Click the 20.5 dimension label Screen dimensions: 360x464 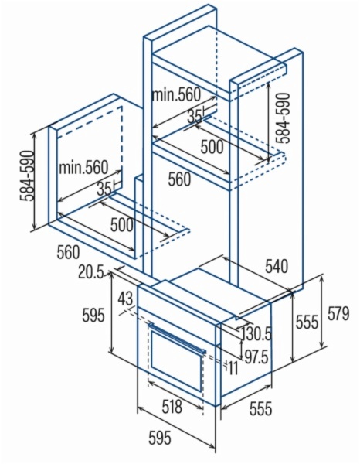pos(90,272)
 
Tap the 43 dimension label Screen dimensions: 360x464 pos(125,299)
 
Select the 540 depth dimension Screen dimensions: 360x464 pos(277,266)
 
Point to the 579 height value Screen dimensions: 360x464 pos(338,313)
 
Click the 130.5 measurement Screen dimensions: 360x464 pos(256,334)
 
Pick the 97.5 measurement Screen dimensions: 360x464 pos(256,357)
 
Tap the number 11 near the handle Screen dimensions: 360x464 pos(233,368)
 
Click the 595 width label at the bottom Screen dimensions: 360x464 pos(160,438)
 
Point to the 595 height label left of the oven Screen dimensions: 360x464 pos(93,315)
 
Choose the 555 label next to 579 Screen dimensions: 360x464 pos(307,322)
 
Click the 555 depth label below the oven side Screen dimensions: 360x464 pos(260,408)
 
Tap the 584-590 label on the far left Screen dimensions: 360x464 pos(27,176)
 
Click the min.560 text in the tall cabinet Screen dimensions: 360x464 pos(176,94)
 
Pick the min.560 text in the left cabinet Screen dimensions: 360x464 pos(84,167)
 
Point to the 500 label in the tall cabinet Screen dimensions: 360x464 pos(212,146)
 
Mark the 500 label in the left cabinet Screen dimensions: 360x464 pos(121,224)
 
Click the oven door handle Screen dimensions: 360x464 pos(178,337)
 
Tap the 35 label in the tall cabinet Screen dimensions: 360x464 pos(194,116)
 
